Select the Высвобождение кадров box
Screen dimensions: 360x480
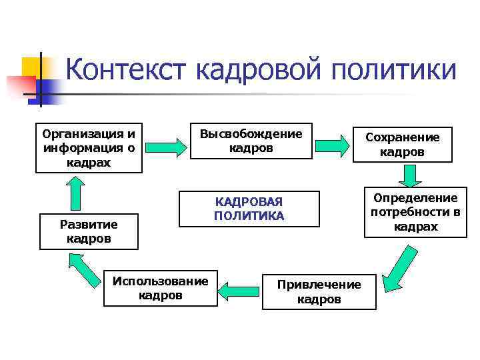pyautogui.click(x=251, y=141)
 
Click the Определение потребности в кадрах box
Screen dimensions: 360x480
pyautogui.click(x=415, y=213)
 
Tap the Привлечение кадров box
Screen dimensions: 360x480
pyautogui.click(x=319, y=291)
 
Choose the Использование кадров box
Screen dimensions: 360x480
pyautogui.click(x=160, y=287)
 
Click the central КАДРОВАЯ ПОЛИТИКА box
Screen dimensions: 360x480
pyautogui.click(x=249, y=209)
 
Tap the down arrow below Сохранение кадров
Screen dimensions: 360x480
pyautogui.click(x=410, y=176)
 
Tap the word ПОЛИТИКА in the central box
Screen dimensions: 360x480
pyautogui.click(x=249, y=216)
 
